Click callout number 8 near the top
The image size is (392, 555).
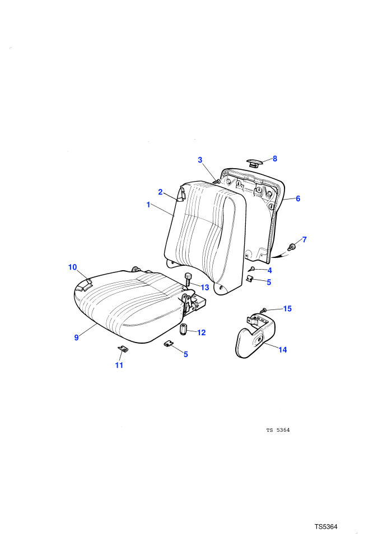(274, 159)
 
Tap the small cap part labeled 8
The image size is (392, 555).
(254, 163)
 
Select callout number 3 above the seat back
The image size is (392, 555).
(200, 160)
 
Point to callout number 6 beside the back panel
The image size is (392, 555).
(298, 198)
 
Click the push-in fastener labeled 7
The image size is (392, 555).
(292, 247)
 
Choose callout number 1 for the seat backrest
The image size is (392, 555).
(148, 205)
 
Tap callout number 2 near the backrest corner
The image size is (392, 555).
(161, 192)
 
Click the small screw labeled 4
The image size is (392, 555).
(253, 269)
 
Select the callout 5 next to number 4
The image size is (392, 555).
(269, 282)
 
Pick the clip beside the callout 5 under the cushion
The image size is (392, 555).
(169, 343)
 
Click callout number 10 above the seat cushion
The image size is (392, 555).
(72, 267)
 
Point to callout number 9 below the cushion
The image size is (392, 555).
(76, 337)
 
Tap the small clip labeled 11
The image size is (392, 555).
(123, 349)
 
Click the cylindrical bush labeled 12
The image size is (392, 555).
(183, 330)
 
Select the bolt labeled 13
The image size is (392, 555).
(188, 279)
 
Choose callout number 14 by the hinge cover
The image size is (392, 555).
(283, 350)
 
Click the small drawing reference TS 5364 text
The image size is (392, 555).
(278, 430)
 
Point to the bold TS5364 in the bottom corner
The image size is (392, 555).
(326, 526)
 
